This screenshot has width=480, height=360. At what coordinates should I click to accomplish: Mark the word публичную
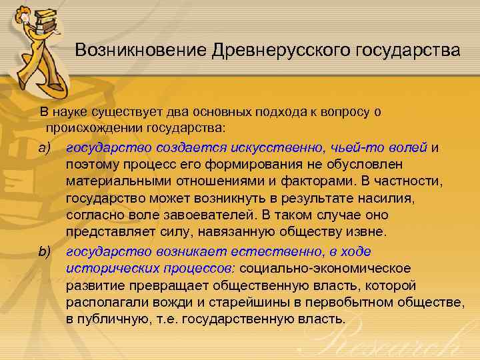coord(115,319)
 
